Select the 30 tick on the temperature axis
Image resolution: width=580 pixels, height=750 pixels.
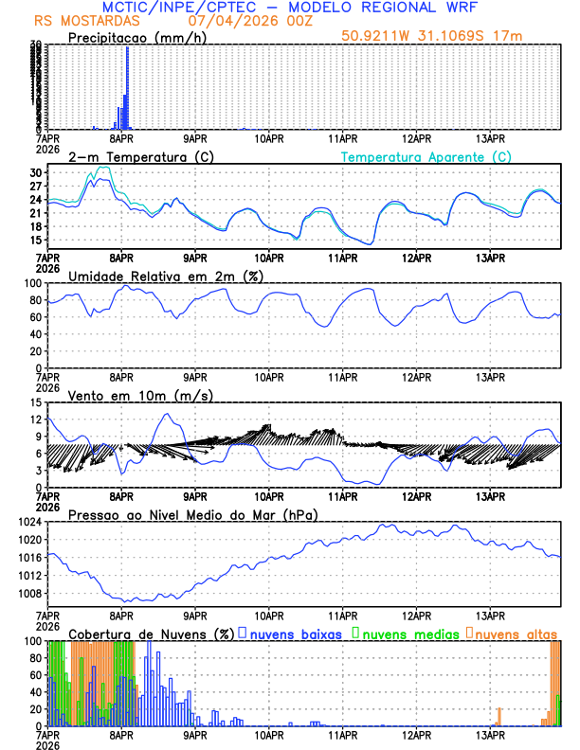36,173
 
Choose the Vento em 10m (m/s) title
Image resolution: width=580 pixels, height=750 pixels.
140,394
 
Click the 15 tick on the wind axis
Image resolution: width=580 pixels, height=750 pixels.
36,402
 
